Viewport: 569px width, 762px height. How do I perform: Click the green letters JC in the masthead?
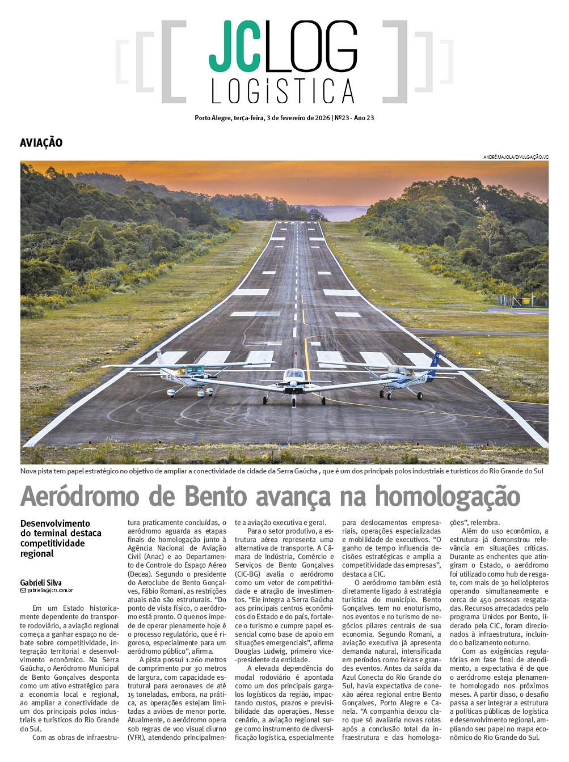[x=234, y=48]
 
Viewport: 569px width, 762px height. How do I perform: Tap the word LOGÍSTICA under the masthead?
[x=283, y=91]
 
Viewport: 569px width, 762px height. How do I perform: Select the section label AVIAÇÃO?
[x=41, y=143]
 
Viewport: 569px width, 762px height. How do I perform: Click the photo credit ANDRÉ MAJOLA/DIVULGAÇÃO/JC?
[x=516, y=157]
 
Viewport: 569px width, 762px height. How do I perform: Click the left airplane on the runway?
[x=188, y=375]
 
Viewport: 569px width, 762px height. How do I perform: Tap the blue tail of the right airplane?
[x=435, y=361]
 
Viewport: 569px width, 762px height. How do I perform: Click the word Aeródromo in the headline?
[x=79, y=496]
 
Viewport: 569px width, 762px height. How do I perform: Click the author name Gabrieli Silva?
[x=41, y=582]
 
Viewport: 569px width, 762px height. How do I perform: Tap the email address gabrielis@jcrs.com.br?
[x=50, y=590]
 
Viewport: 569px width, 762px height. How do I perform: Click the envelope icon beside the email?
[x=23, y=590]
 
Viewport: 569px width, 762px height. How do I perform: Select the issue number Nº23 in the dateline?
[x=342, y=118]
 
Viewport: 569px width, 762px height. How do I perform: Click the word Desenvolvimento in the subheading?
[x=55, y=523]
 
